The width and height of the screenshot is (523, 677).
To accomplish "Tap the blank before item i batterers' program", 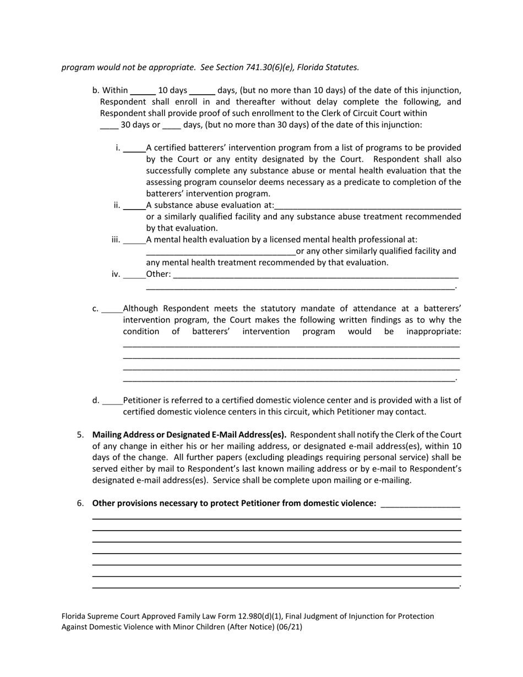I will click(134, 148).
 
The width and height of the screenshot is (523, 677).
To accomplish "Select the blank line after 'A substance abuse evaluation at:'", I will click(367, 206).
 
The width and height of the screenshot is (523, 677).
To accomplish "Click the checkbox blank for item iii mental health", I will click(134, 240).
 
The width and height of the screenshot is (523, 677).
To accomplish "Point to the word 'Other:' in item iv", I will click(159, 274).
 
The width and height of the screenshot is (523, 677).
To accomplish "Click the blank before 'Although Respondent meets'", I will click(112, 309).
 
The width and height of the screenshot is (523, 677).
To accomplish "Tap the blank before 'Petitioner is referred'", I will click(112, 401).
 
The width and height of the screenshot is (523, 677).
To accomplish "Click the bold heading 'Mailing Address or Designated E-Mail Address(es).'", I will click(189, 435).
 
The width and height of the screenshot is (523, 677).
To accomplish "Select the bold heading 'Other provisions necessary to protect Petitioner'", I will click(235, 503).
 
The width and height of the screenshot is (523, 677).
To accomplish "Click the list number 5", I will click(80, 435).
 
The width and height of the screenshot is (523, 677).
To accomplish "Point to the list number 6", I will click(80, 503).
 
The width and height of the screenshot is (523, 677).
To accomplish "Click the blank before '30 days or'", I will click(109, 125).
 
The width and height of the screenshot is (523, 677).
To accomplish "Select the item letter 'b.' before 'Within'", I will click(96, 90).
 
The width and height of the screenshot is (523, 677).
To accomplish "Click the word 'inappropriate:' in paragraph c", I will click(434, 331).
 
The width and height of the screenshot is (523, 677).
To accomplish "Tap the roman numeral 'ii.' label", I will click(117, 205).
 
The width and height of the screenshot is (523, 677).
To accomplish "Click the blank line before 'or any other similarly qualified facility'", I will click(221, 252).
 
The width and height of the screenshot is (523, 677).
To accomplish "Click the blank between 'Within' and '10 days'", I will click(143, 91).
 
